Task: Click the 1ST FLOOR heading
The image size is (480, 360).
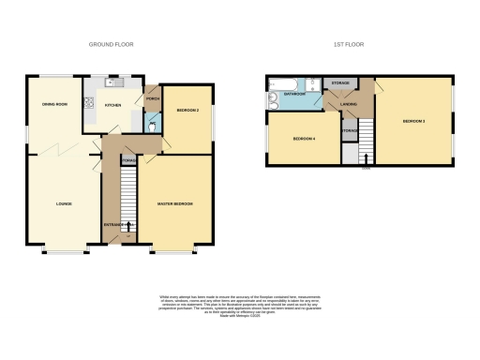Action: click(x=348, y=44)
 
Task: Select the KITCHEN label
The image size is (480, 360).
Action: click(x=113, y=105)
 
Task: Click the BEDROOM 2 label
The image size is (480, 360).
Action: click(x=187, y=111)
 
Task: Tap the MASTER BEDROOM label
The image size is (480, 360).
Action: click(x=175, y=202)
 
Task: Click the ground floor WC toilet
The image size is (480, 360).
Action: click(x=152, y=123)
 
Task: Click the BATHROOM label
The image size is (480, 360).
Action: click(x=296, y=95)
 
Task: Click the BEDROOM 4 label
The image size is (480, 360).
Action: click(x=304, y=139)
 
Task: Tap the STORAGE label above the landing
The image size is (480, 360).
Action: click(x=339, y=82)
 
